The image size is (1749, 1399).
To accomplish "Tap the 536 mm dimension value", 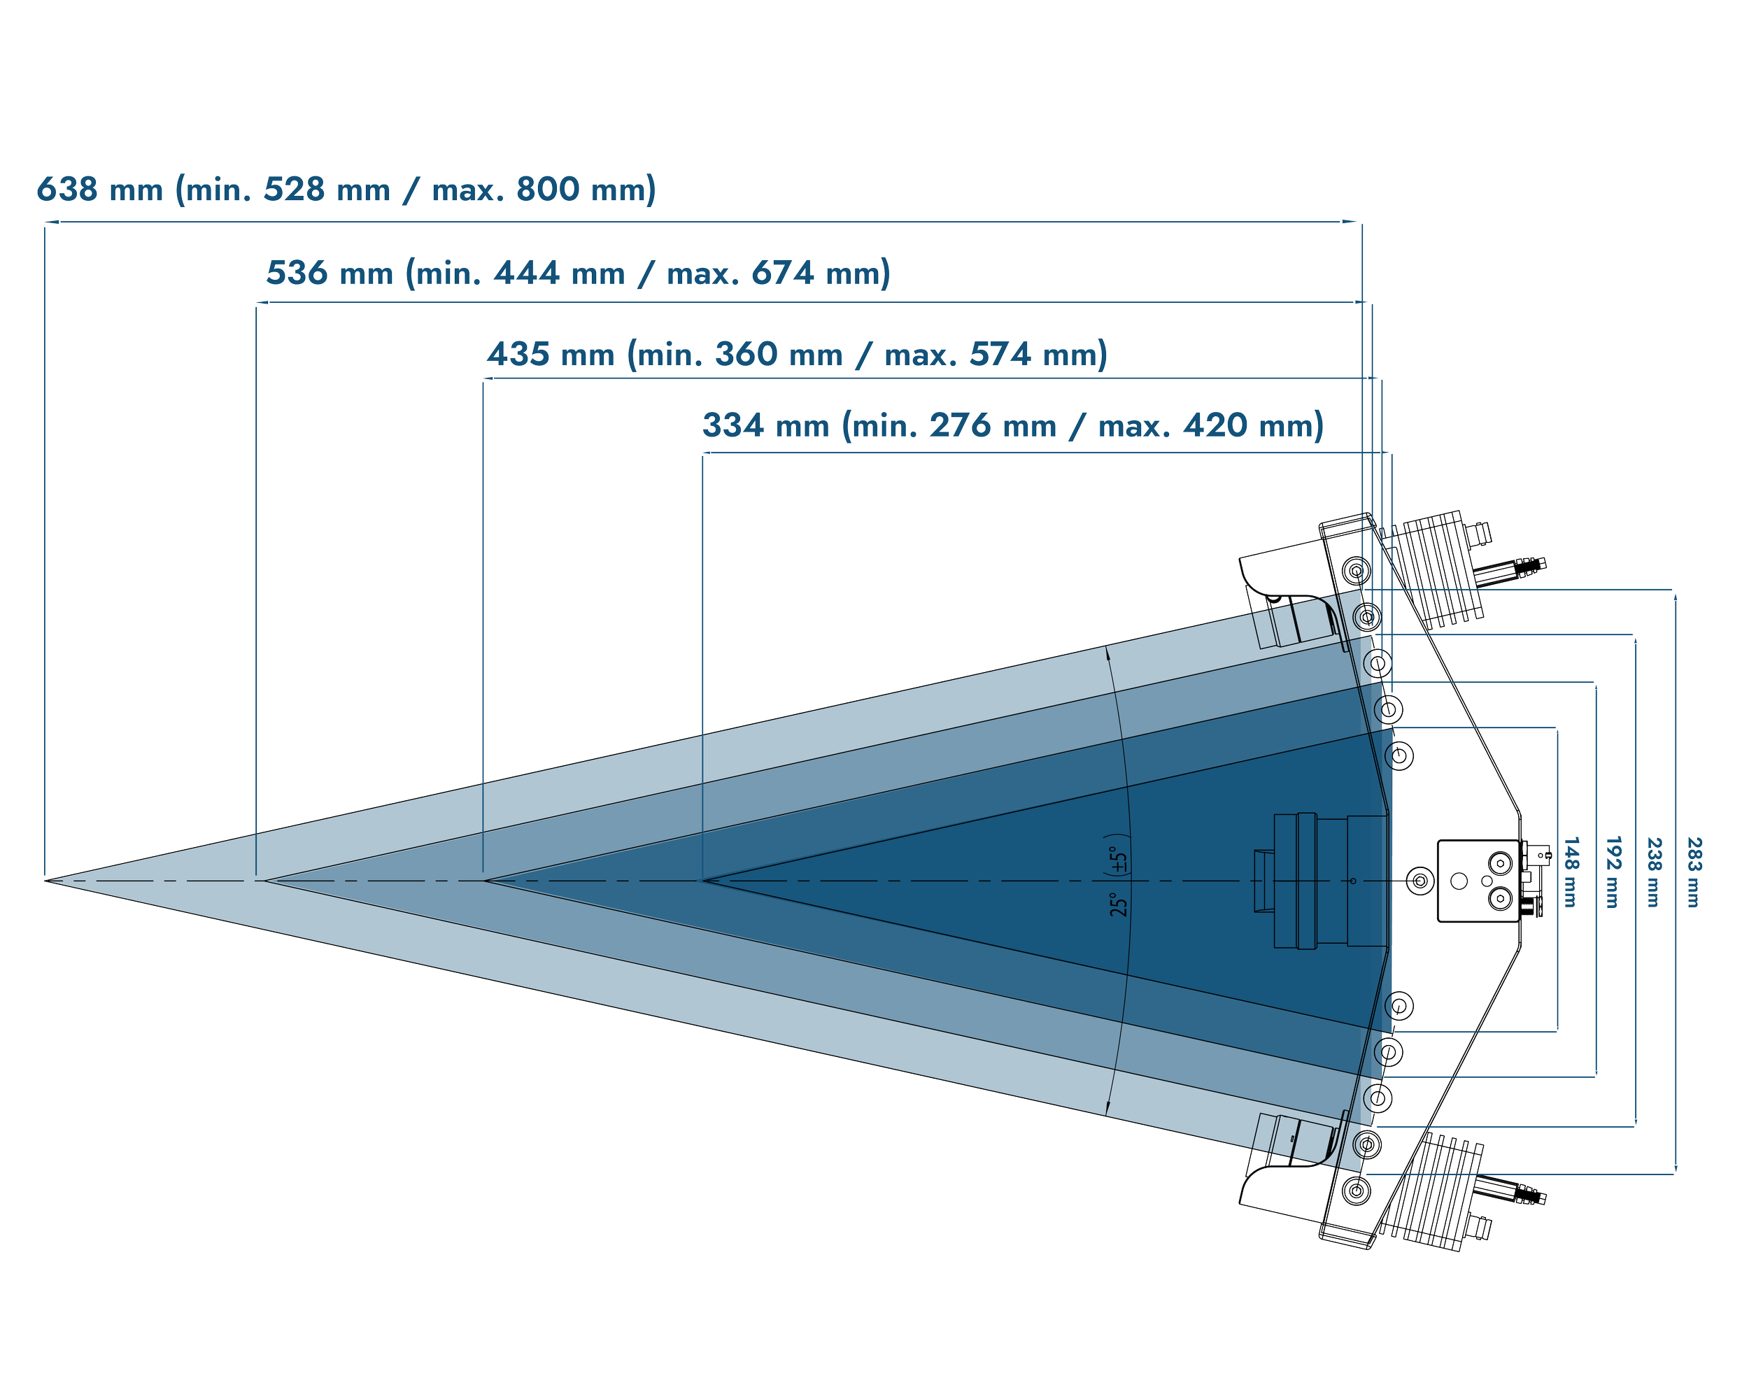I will point(330,274).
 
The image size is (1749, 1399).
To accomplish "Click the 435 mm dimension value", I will point(551,355).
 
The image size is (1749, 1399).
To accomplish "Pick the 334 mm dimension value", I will point(765,427).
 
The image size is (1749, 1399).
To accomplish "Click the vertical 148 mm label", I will point(1571,872).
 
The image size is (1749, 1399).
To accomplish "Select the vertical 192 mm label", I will point(1613,872).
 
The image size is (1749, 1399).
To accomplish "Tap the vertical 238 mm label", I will point(1653,872).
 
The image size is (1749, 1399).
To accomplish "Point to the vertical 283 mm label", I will point(1694,872).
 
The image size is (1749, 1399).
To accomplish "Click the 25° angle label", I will point(1119,904).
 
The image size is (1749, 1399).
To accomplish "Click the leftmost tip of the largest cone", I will point(46,880).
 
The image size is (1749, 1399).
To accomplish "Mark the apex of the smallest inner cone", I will point(704,880).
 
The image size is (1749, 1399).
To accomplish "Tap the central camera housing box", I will point(1476,881).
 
